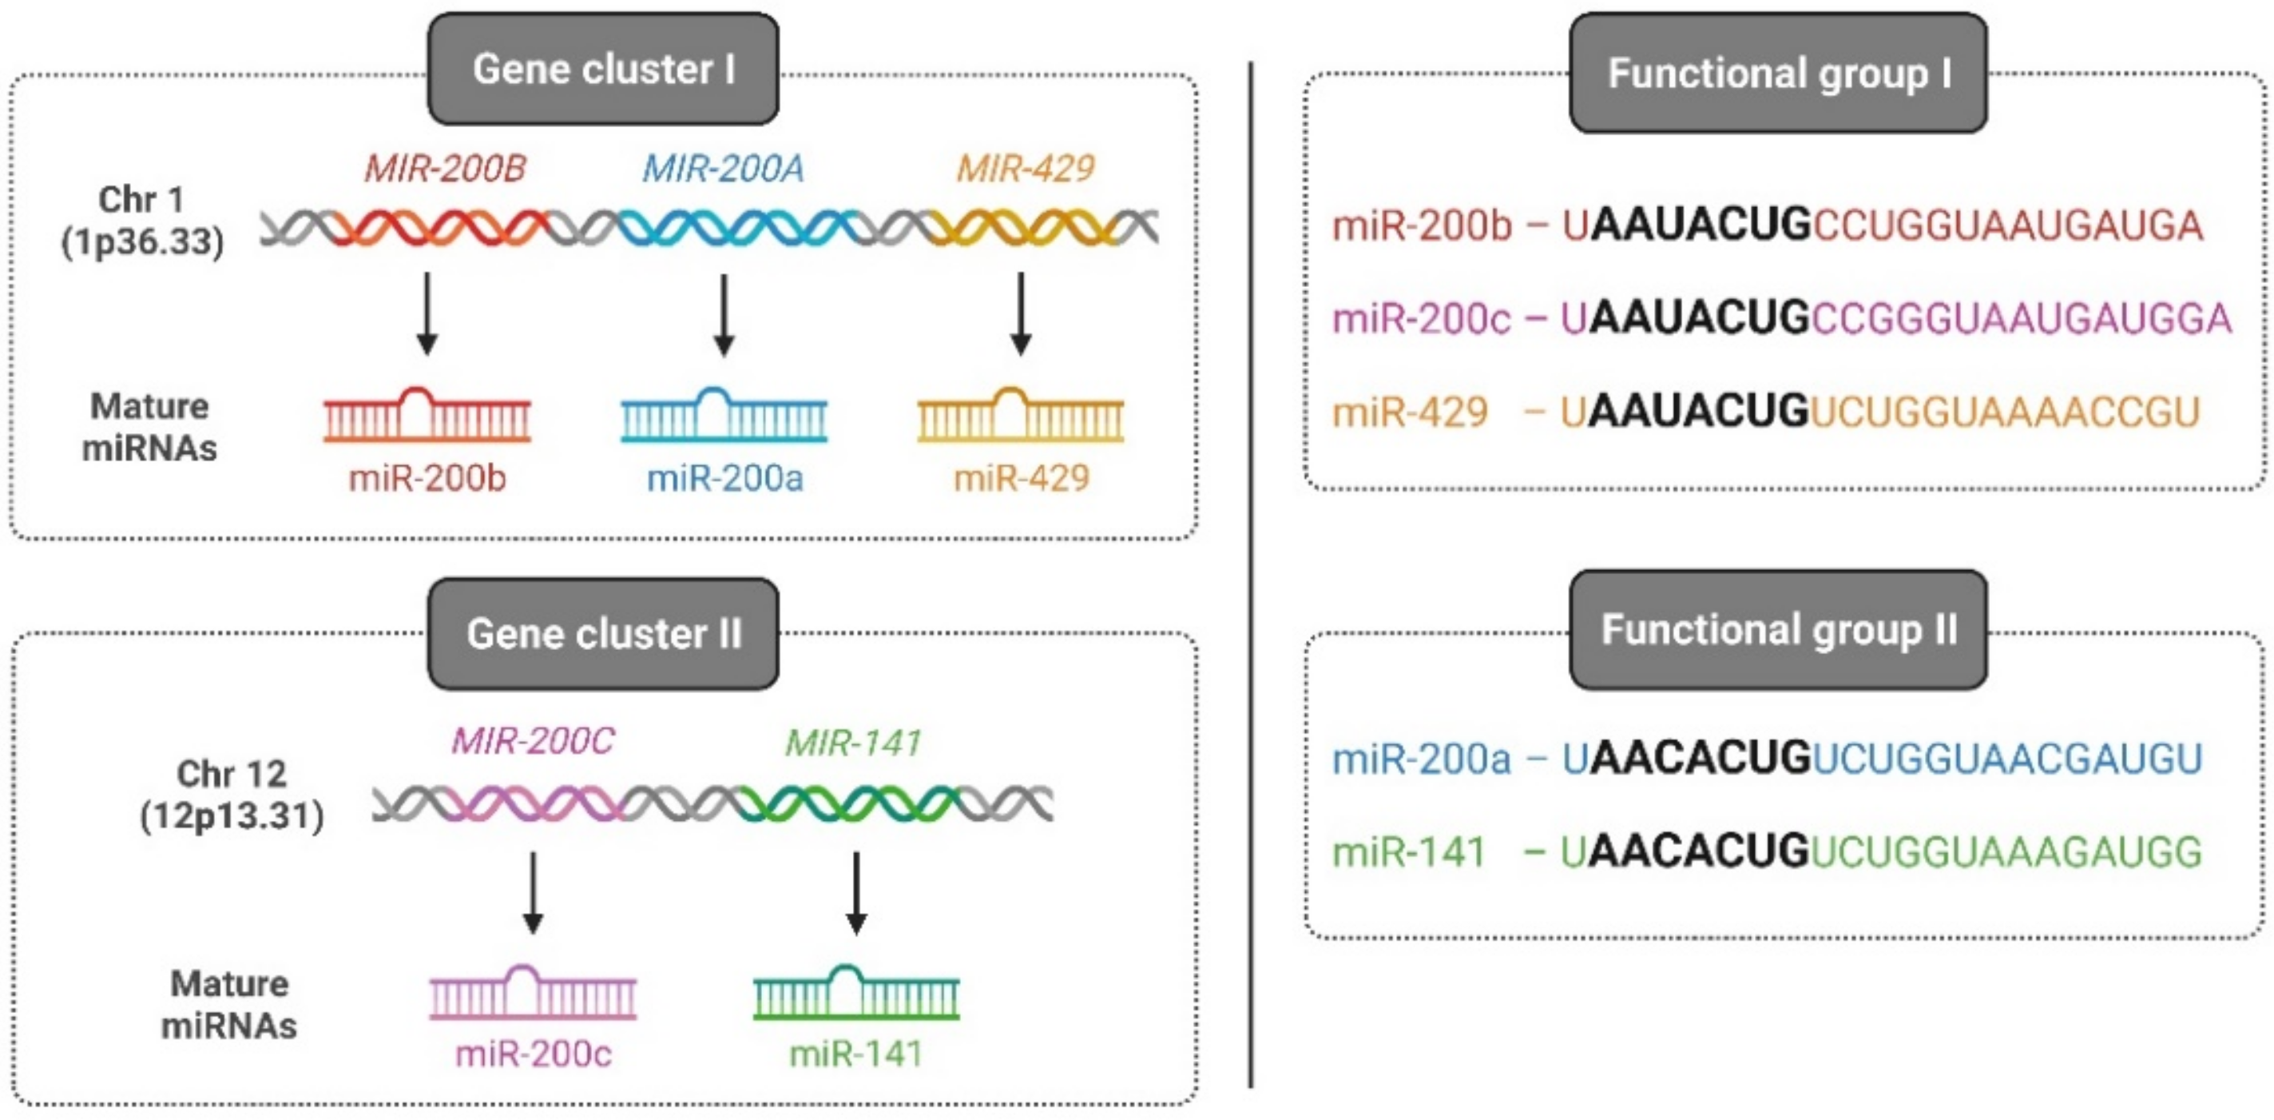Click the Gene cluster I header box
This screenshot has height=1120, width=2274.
click(x=603, y=69)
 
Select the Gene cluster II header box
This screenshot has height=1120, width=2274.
click(x=603, y=633)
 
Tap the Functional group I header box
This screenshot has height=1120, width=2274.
click(x=1778, y=74)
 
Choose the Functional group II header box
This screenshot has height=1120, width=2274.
click(x=1778, y=630)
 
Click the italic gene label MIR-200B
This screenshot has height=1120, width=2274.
click(x=445, y=169)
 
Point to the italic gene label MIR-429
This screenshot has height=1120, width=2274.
click(x=1026, y=169)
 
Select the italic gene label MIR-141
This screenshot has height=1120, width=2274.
click(x=854, y=743)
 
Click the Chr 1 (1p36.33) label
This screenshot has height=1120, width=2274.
click(x=141, y=221)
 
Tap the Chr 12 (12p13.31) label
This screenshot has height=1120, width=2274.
click(x=232, y=795)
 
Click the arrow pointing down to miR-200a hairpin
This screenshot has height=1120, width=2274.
click(x=724, y=313)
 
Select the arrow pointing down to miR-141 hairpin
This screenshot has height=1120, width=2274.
click(x=855, y=892)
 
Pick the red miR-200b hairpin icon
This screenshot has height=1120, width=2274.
click(x=427, y=415)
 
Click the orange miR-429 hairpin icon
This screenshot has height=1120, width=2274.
click(x=1021, y=415)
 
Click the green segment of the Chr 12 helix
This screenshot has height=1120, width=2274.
click(x=847, y=803)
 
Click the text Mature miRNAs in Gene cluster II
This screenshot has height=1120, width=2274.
click(x=229, y=1005)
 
